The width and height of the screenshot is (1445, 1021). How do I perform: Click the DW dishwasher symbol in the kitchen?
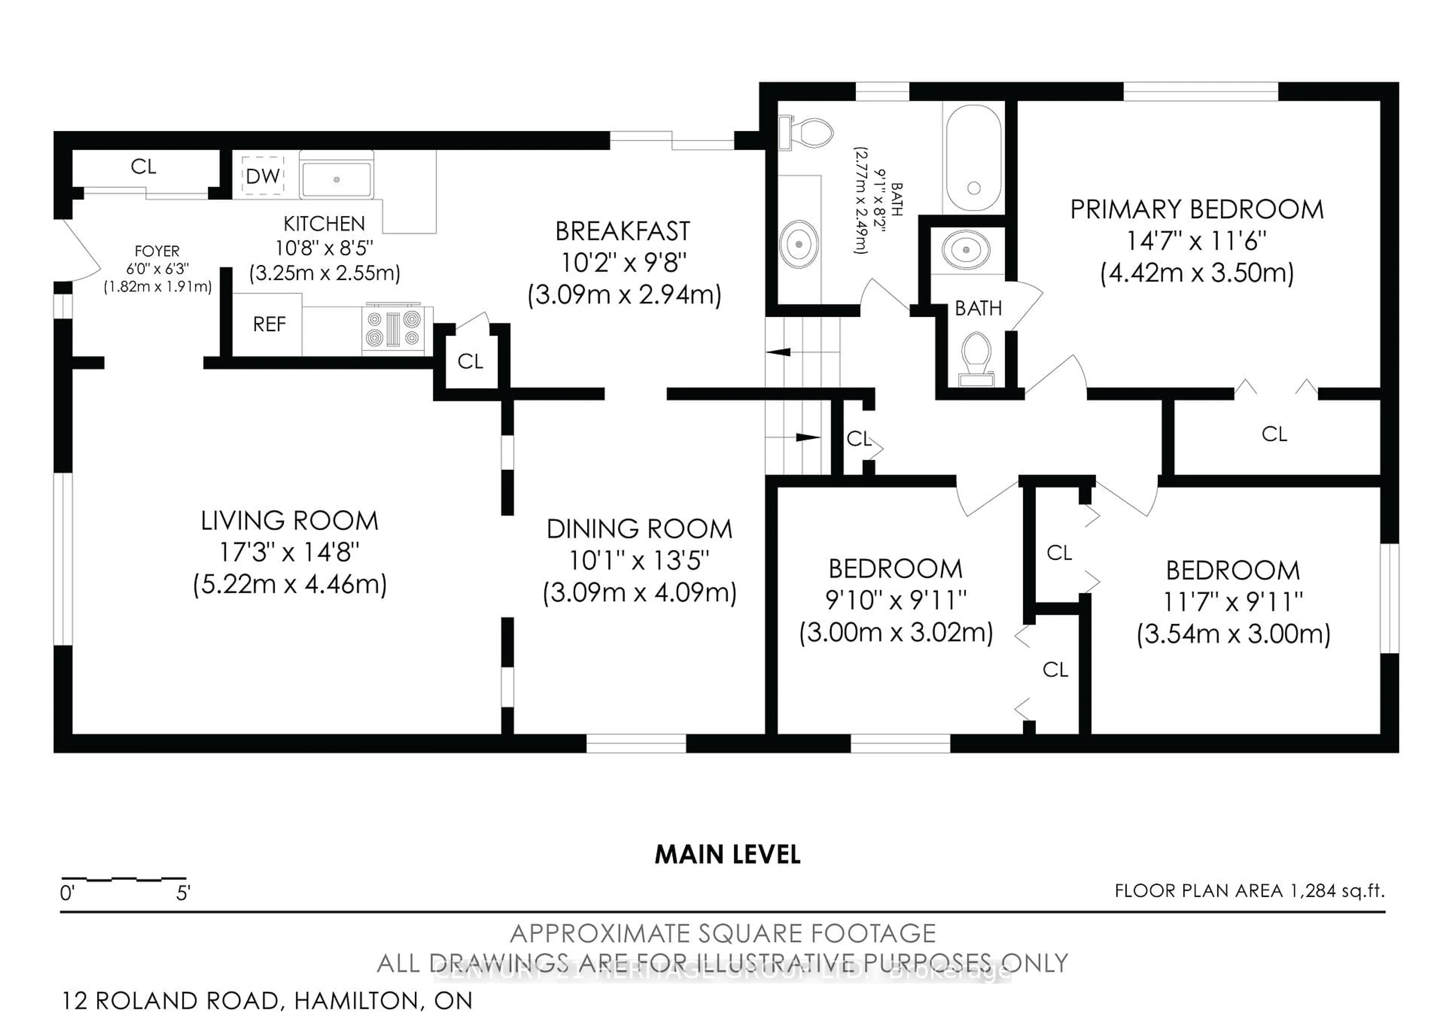(x=263, y=176)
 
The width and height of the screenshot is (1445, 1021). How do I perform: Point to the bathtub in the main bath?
(x=973, y=157)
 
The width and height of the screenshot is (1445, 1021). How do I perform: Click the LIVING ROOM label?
(x=289, y=521)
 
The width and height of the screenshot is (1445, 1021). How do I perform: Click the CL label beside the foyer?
(x=143, y=167)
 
